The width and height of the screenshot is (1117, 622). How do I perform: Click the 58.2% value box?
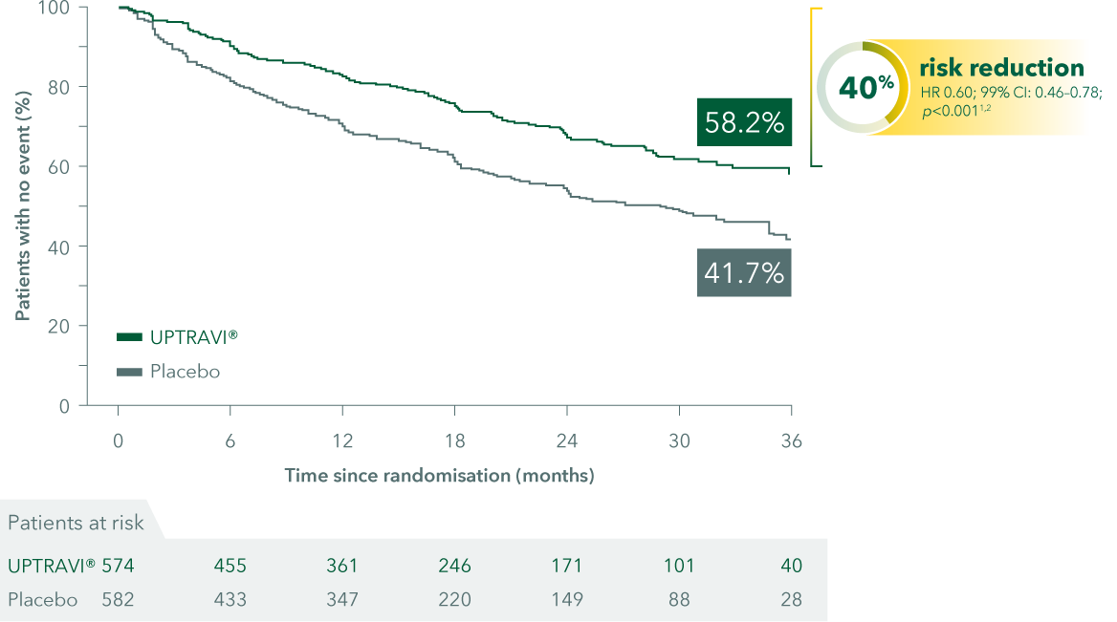[x=744, y=122]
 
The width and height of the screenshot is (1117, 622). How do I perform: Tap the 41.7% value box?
[x=744, y=273]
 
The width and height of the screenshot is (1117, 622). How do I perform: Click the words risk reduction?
[x=1001, y=68]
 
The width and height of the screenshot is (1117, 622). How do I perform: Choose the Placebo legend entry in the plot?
[x=168, y=371]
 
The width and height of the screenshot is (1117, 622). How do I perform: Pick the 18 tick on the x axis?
[x=454, y=441]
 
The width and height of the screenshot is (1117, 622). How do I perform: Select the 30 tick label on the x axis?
[x=679, y=441]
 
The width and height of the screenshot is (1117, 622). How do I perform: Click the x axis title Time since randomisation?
[x=439, y=475]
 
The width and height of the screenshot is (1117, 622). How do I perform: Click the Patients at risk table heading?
[x=76, y=522]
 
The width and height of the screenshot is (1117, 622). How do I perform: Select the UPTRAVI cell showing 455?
[x=230, y=566]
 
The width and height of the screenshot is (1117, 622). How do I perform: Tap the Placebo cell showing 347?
[x=341, y=600]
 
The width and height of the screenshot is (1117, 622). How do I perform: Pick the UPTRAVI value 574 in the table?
[x=118, y=566]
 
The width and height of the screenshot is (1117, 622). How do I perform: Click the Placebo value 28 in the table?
[x=791, y=600]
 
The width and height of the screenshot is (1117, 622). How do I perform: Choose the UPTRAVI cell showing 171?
[x=566, y=566]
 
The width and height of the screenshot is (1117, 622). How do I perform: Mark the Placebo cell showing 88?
[x=679, y=600]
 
